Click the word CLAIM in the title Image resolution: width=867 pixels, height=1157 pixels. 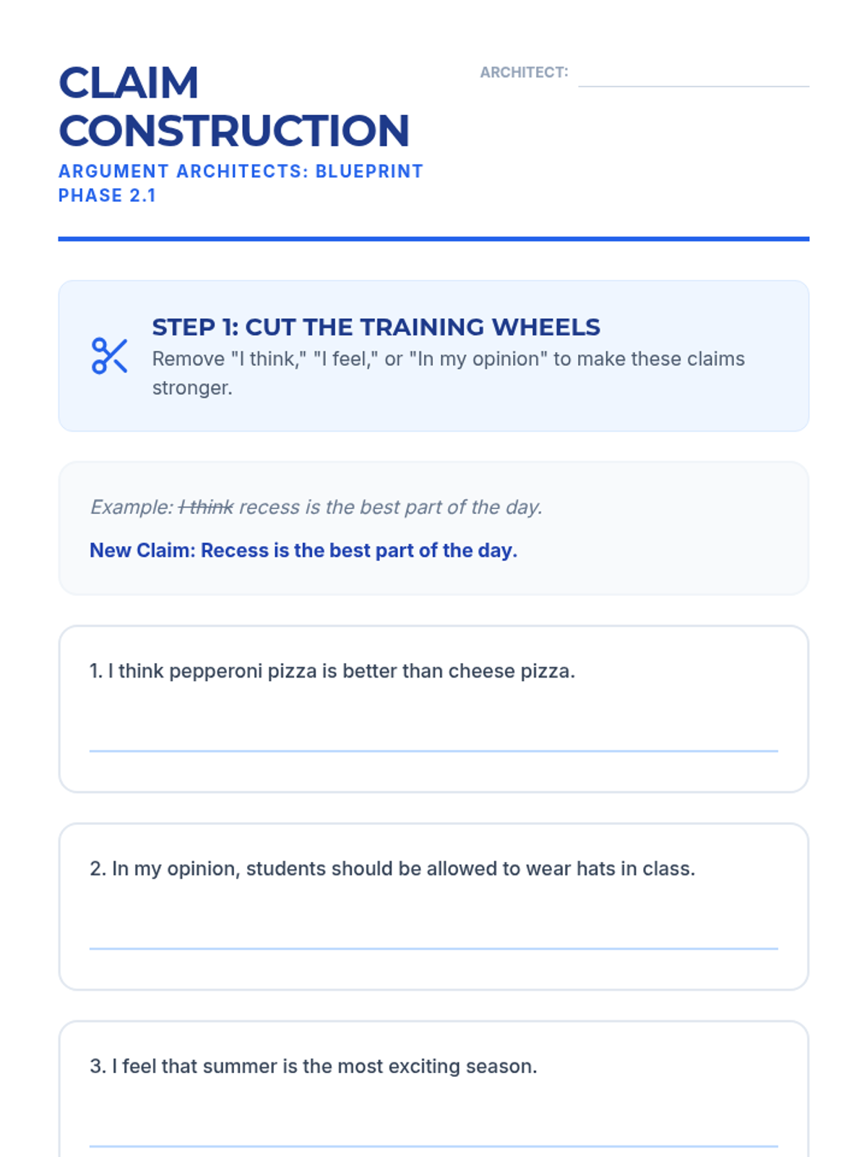(x=129, y=82)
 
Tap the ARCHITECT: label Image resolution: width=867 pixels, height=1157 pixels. (x=524, y=72)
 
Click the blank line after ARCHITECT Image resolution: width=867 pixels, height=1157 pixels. (x=694, y=86)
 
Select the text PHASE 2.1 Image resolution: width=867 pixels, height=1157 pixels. (x=107, y=195)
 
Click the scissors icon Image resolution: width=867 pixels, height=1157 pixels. (x=109, y=357)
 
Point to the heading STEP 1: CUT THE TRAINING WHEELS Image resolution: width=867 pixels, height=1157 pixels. (x=376, y=327)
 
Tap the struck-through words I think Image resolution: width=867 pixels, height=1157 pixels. (x=206, y=507)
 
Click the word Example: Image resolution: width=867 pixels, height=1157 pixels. (x=131, y=507)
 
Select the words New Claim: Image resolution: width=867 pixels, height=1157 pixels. (x=142, y=550)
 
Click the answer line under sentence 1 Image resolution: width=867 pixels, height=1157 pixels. (x=433, y=751)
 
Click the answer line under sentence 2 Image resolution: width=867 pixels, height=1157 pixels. (x=433, y=948)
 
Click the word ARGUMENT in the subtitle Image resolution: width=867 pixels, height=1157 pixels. (x=113, y=171)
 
